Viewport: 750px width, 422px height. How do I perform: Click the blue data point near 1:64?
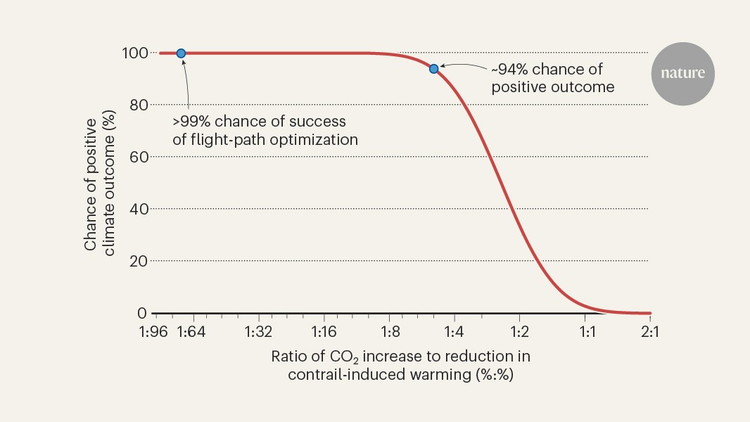click(181, 53)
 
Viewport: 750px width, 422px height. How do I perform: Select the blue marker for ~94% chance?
click(434, 68)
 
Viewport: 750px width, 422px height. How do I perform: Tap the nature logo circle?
click(682, 74)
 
